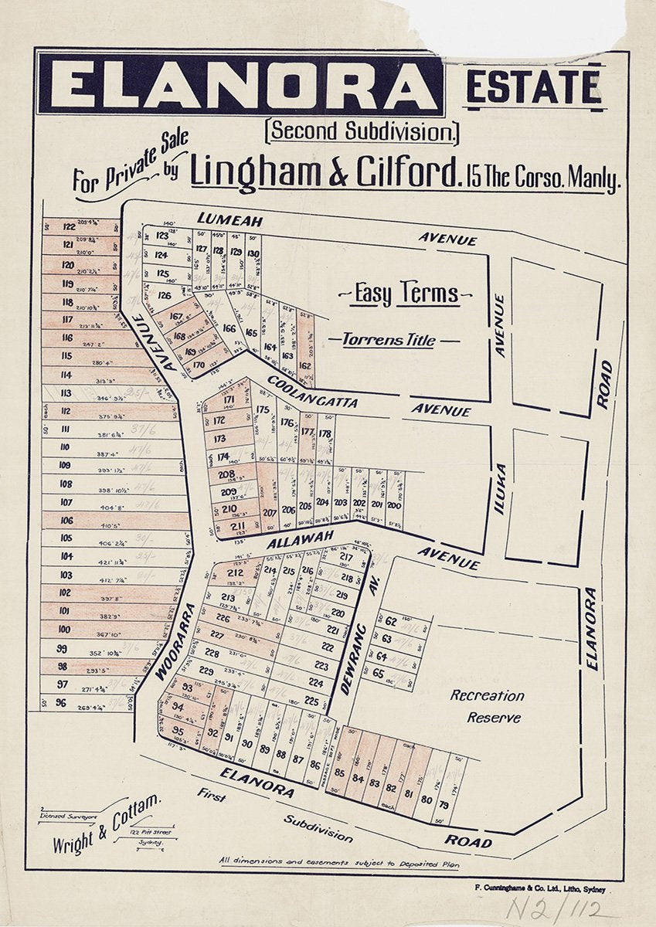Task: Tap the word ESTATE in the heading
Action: (534, 87)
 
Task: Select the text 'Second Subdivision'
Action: (362, 131)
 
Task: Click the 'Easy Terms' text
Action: (406, 294)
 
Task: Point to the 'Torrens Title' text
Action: (394, 340)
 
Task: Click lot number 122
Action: (69, 227)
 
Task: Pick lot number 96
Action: (61, 703)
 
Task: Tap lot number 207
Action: (270, 512)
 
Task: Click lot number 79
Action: (444, 805)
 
